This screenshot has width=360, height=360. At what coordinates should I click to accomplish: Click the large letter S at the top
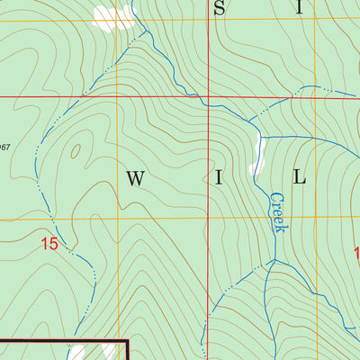click(x=219, y=8)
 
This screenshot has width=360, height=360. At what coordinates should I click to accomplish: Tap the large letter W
click(x=135, y=178)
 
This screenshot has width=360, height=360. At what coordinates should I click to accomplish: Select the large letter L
click(x=301, y=178)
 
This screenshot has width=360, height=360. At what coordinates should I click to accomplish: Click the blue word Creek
click(x=277, y=212)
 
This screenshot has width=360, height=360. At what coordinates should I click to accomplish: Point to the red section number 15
click(x=49, y=243)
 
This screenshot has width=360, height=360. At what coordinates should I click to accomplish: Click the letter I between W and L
click(x=218, y=178)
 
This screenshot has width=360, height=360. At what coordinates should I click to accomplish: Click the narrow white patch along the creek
click(x=257, y=157)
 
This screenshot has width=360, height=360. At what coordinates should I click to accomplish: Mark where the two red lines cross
click(x=208, y=95)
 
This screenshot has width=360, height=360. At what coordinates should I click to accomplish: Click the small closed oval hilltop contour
click(x=75, y=151)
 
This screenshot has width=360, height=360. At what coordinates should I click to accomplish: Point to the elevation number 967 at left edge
click(x=5, y=146)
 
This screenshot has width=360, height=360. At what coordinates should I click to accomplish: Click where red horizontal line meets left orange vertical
click(x=117, y=95)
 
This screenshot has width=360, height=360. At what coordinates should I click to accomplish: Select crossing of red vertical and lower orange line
click(x=208, y=219)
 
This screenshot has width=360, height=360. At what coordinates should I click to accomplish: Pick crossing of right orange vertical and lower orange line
click(x=315, y=219)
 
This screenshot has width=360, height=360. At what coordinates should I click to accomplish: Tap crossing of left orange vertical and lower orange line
click(x=117, y=219)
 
